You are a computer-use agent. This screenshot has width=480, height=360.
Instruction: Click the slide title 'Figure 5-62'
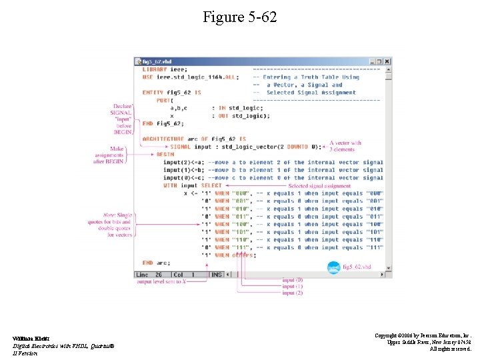[239, 17]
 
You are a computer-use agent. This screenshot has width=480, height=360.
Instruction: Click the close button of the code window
[388, 61]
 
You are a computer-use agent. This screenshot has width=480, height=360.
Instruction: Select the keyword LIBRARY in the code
[155, 69]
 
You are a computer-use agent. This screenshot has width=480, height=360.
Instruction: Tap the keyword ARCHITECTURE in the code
[163, 139]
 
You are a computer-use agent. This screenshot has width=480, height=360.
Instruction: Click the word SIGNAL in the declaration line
[180, 147]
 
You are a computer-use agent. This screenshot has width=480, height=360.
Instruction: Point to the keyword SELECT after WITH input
[211, 185]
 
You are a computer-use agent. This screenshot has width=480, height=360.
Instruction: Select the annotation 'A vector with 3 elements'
[345, 146]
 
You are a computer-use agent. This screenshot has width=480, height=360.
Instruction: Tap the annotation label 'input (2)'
[292, 293]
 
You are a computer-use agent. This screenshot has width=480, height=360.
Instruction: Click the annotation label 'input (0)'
[292, 280]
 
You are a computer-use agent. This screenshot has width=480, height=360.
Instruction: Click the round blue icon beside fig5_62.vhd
[334, 267]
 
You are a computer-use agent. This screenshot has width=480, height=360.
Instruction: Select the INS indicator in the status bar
[217, 274]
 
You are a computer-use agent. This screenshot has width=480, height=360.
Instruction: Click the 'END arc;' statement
[156, 263]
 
